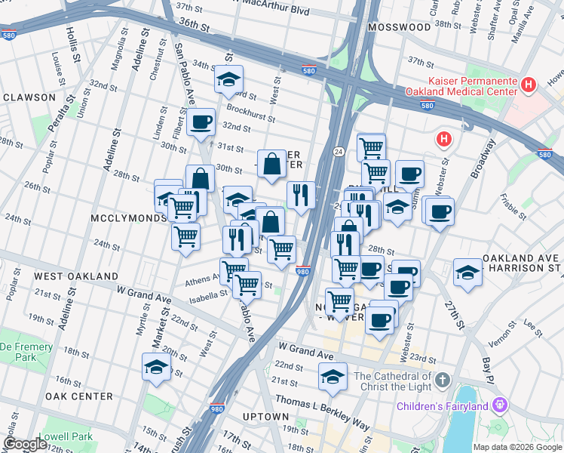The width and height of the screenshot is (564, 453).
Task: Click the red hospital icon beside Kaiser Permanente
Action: pyautogui.click(x=529, y=85)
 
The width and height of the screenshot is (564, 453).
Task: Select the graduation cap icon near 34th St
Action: pyautogui.click(x=228, y=79)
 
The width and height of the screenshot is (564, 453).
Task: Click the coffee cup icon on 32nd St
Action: pyautogui.click(x=201, y=122)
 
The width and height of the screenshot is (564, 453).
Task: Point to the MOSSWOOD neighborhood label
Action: pyautogui.click(x=398, y=26)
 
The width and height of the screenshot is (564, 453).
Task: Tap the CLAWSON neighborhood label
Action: pyautogui.click(x=29, y=97)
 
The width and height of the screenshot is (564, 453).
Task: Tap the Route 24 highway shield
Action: pyautogui.click(x=339, y=153)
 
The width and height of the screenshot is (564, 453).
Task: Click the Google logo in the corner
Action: pyautogui.click(x=24, y=444)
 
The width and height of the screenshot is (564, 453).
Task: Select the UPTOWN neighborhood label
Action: pyautogui.click(x=266, y=417)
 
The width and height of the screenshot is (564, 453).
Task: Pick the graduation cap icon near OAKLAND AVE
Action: pyautogui.click(x=467, y=273)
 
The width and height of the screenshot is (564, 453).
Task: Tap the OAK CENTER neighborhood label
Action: pyautogui.click(x=79, y=396)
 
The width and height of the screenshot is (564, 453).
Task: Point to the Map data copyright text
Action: pyautogui.click(x=516, y=447)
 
